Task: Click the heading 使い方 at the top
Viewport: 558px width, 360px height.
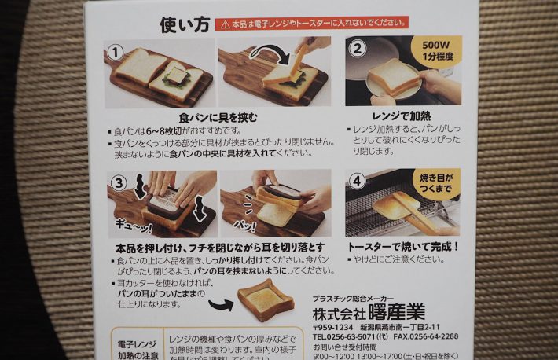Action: (x=185, y=24)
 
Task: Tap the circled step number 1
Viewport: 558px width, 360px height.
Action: (x=116, y=52)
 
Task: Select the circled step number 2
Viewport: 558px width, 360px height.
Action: (x=358, y=48)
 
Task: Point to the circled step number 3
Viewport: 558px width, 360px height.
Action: (x=118, y=184)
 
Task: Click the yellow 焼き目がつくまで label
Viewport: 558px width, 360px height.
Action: (x=435, y=181)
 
